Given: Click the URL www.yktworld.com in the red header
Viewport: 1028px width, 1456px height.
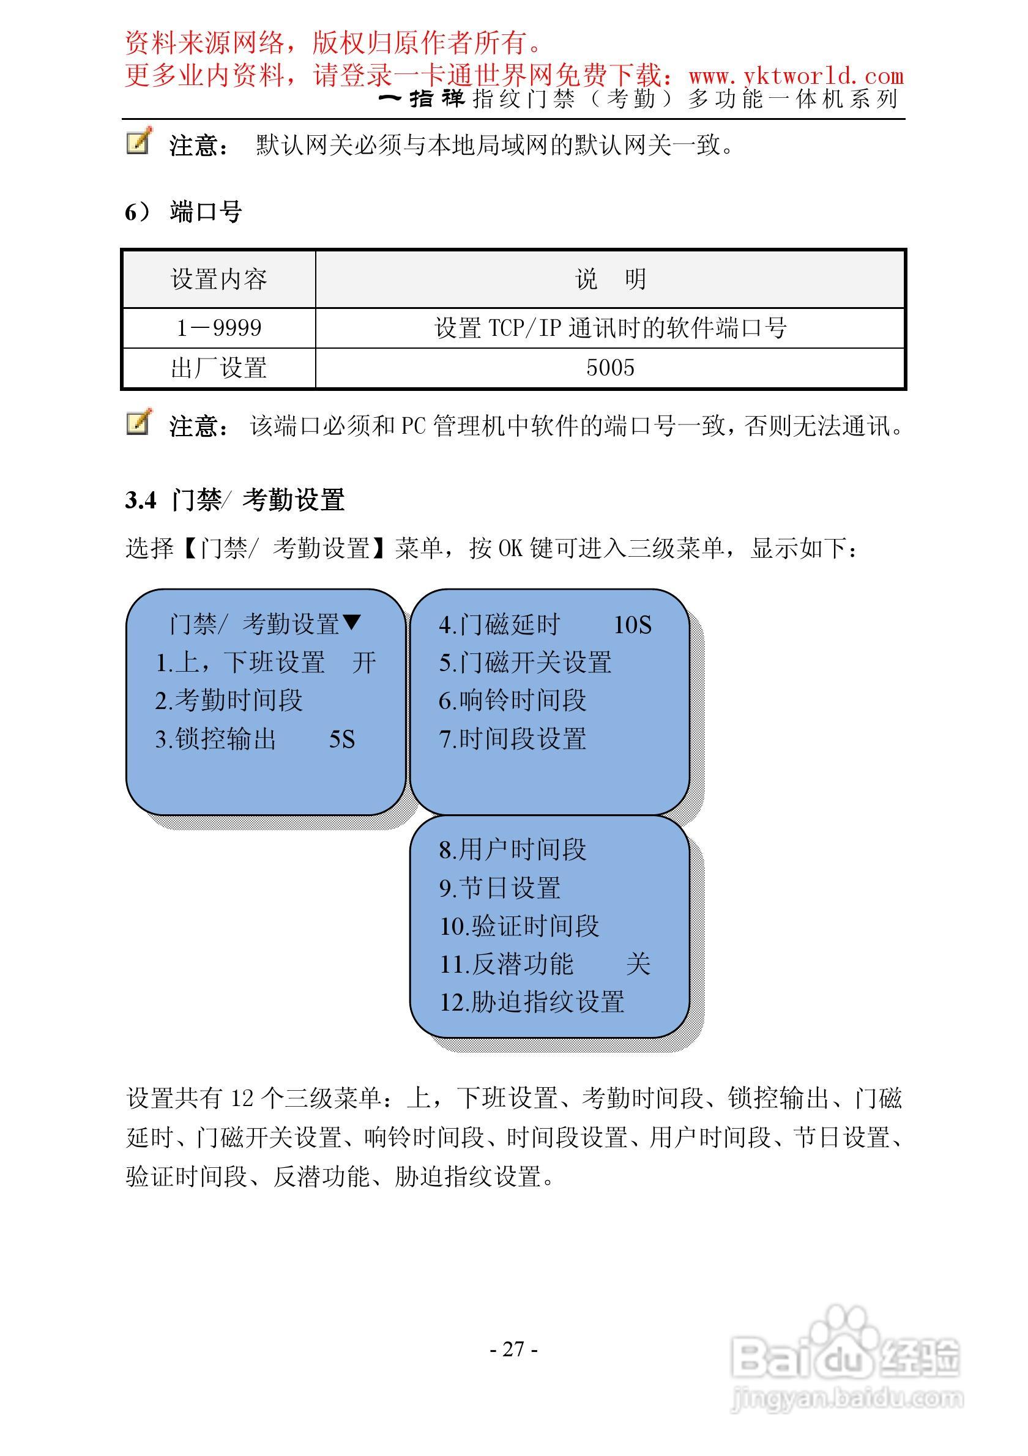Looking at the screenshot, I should click(x=796, y=76).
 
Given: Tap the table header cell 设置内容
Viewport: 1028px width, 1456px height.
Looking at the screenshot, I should click(x=219, y=279).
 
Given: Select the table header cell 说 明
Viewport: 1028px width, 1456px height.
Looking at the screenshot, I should click(x=610, y=279).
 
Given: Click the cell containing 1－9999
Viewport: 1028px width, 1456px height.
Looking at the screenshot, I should click(x=219, y=328).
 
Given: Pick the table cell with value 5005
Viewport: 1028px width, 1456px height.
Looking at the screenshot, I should click(x=610, y=368).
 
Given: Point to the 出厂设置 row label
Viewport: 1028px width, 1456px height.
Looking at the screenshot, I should click(x=219, y=368).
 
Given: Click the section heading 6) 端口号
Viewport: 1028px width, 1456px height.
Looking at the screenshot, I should click(x=184, y=212).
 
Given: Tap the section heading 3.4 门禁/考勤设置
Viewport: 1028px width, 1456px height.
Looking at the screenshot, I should click(x=234, y=500).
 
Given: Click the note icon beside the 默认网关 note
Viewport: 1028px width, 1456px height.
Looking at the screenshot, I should click(x=139, y=141).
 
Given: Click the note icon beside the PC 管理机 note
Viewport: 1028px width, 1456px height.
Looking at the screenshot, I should click(x=139, y=422).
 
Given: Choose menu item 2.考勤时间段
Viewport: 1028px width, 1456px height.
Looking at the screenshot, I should click(x=229, y=700).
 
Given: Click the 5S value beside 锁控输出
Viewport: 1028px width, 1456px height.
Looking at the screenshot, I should click(x=342, y=740).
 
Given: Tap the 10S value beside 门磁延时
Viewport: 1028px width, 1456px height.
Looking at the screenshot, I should click(x=632, y=625).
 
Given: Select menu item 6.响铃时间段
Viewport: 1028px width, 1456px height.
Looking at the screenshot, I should click(x=512, y=700).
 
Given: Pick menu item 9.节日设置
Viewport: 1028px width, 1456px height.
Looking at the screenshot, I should click(x=500, y=888).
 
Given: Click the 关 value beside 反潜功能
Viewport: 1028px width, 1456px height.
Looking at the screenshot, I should click(x=638, y=965).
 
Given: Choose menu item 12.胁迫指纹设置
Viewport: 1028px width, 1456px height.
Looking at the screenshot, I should click(x=532, y=1003).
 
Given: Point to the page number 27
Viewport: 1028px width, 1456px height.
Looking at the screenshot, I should click(x=513, y=1349).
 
